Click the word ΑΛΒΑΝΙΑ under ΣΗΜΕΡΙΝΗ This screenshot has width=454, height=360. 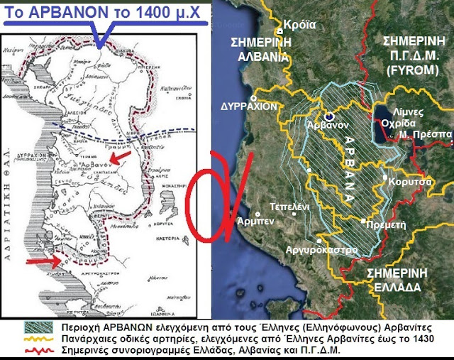tap(262, 56)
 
